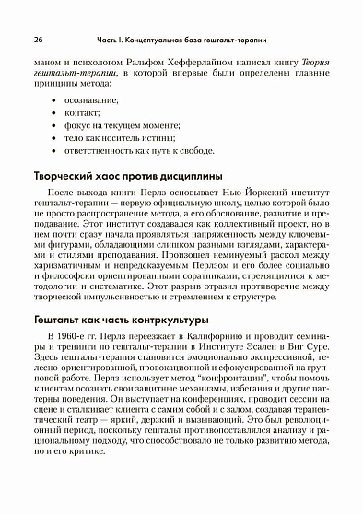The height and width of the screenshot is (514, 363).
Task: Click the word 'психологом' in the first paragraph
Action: pyautogui.click(x=91, y=62)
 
